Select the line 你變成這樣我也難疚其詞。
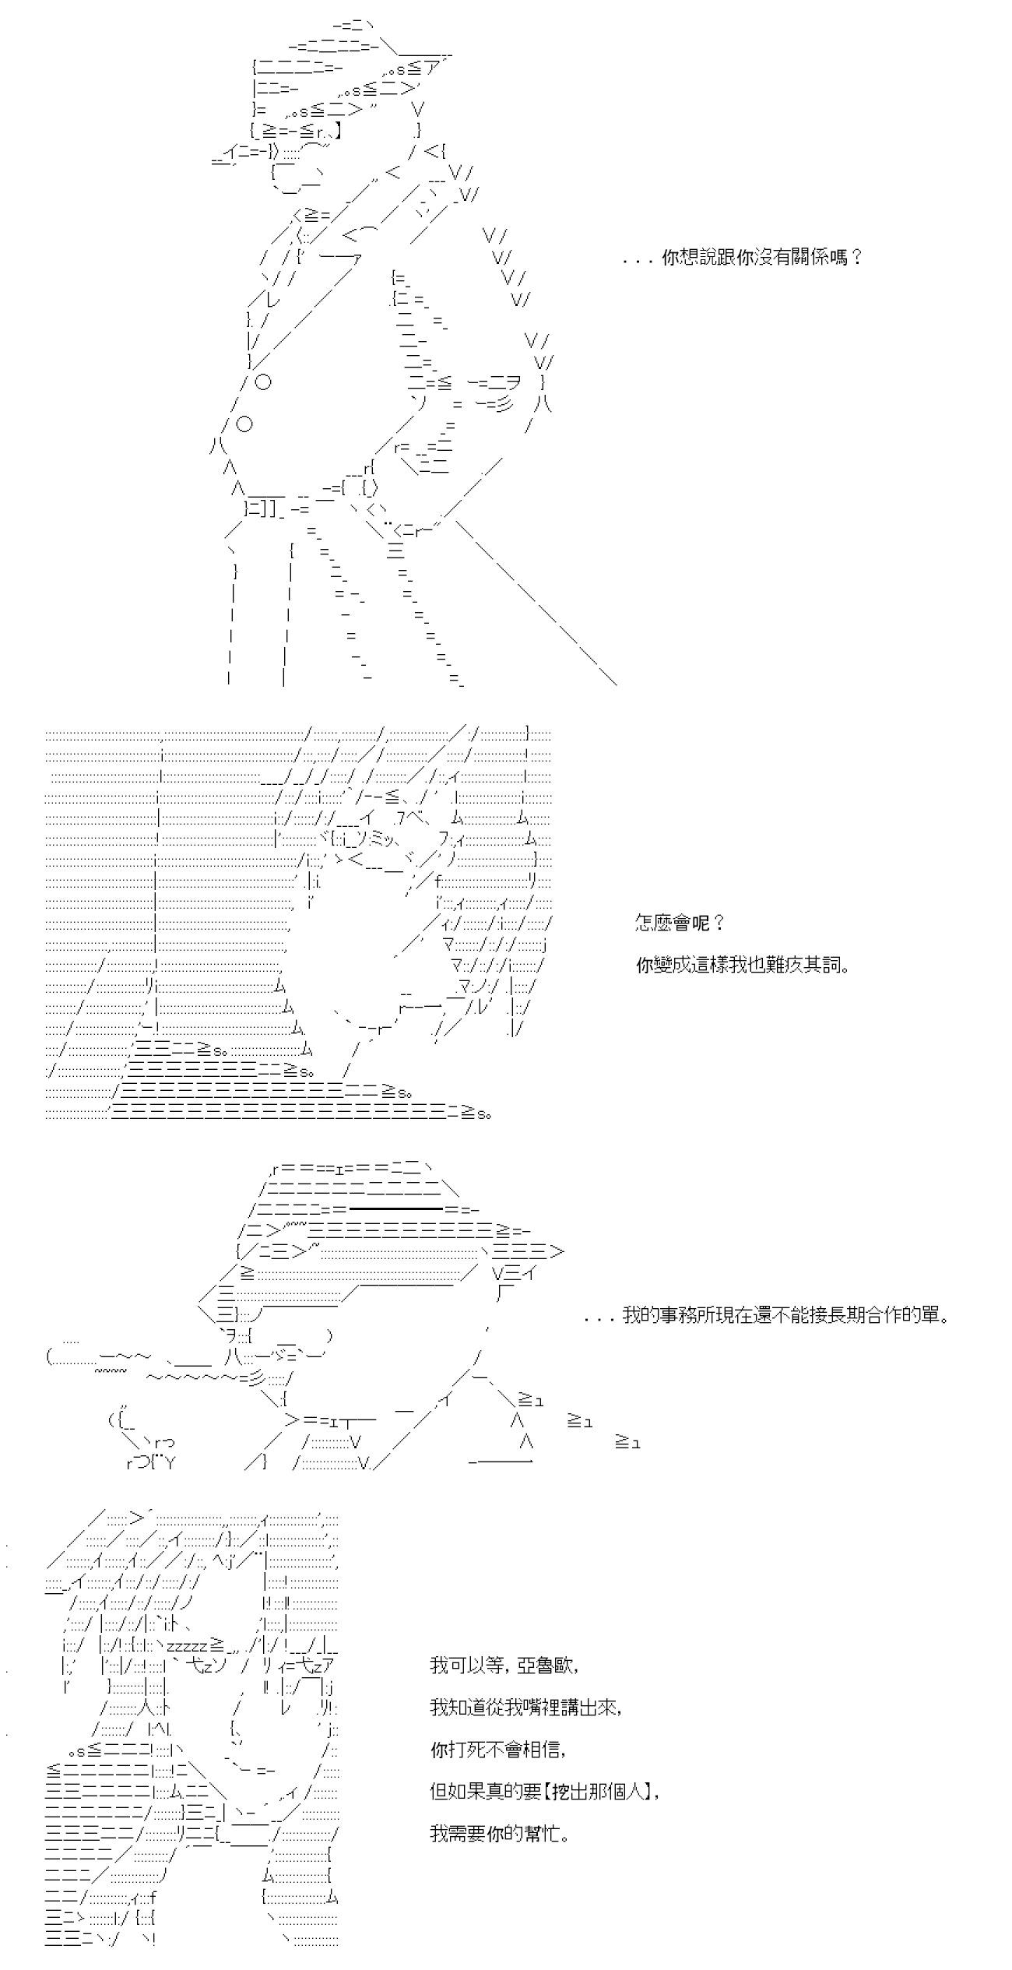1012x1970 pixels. (742, 966)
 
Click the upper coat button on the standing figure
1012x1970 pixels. (263, 382)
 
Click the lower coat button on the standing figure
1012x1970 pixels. (244, 424)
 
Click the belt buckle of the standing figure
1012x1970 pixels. (367, 489)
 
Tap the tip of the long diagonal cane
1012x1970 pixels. (615, 684)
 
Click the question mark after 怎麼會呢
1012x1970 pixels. (719, 923)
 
